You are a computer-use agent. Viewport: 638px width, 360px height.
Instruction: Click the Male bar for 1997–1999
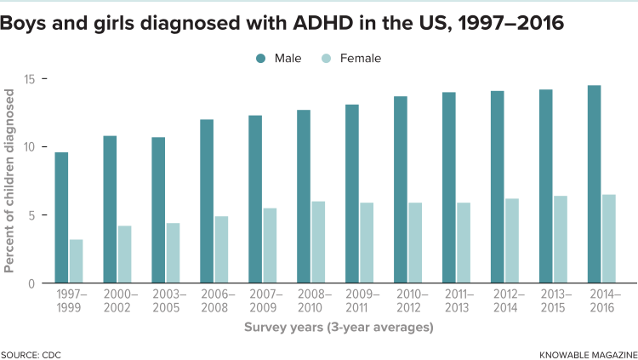pyautogui.click(x=61, y=217)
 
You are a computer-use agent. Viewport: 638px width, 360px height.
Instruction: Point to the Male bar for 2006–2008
pyautogui.click(x=207, y=201)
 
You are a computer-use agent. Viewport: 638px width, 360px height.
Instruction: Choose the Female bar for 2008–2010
pyautogui.click(x=318, y=242)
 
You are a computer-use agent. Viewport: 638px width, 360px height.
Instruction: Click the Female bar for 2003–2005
pyautogui.click(x=173, y=253)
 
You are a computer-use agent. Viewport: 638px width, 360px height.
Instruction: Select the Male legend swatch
pyautogui.click(x=259, y=59)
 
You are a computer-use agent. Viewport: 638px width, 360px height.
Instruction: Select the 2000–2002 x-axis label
pyautogui.click(x=118, y=300)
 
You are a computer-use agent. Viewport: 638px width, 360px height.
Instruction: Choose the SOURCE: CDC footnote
pyautogui.click(x=31, y=353)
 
